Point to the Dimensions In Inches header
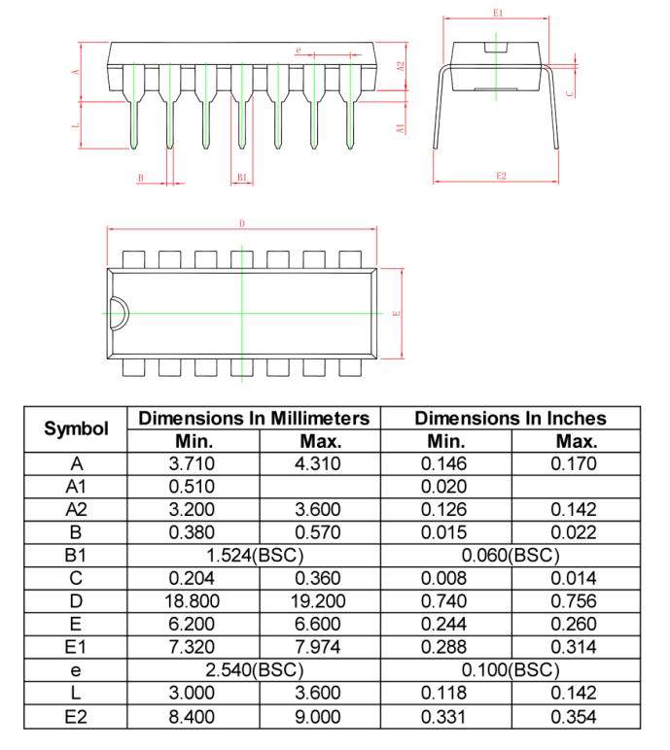511,418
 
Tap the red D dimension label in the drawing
241,223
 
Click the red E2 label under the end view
500,175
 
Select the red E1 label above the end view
498,12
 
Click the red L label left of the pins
75,125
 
